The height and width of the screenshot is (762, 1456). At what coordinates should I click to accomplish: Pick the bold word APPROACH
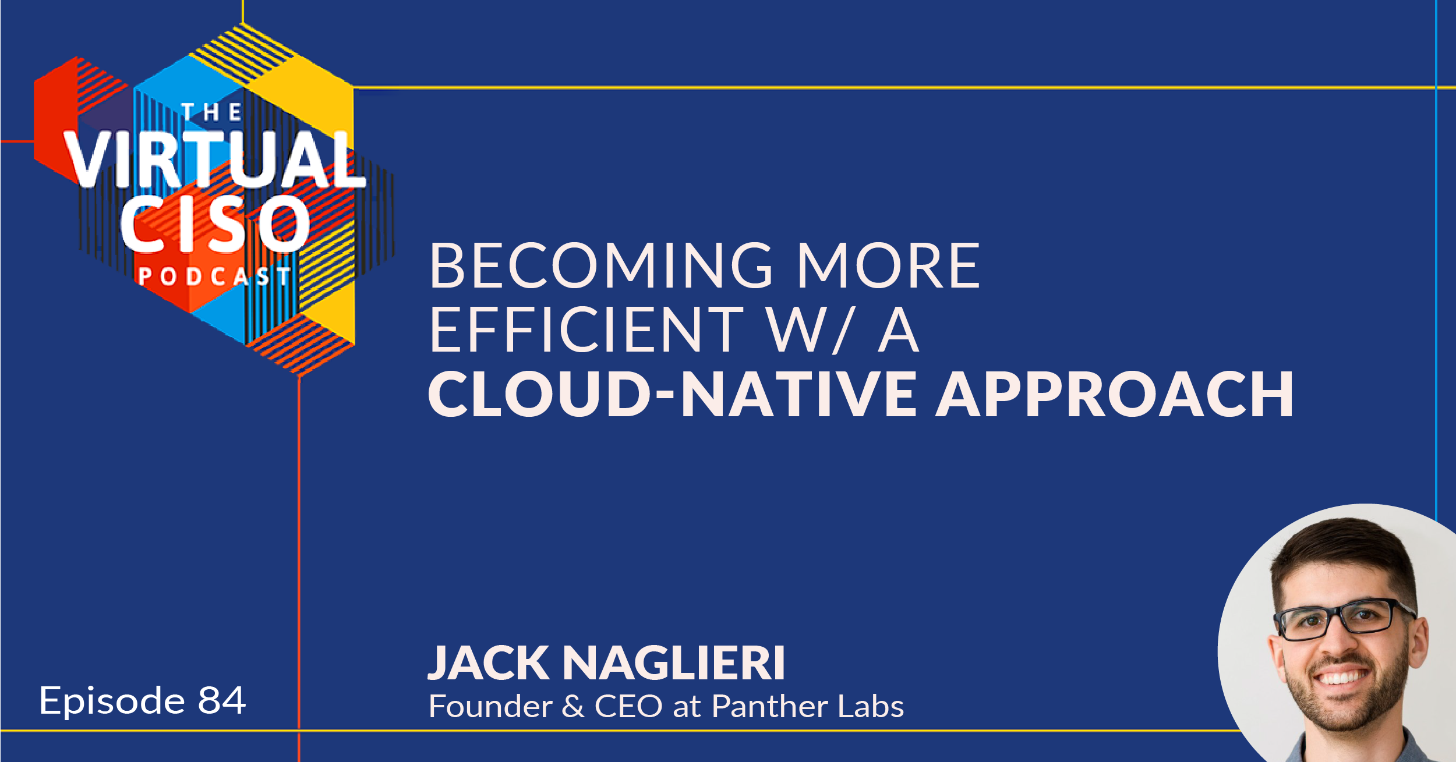pos(1114,394)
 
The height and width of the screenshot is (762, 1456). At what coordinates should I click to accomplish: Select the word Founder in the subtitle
pos(490,706)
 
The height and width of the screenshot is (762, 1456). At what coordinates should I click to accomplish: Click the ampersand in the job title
pos(573,706)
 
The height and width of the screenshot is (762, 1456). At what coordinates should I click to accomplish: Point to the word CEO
pos(628,706)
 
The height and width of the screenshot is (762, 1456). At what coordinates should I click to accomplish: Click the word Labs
pos(871,706)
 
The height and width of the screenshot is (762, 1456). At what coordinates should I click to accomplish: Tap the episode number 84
pos(222,700)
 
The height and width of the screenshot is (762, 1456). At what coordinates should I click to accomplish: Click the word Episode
pos(112,703)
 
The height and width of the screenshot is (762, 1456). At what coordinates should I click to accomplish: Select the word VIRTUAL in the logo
pos(214,159)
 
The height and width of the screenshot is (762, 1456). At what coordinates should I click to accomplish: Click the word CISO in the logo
pos(215,224)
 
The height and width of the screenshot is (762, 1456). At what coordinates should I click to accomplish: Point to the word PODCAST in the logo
pos(214,277)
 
